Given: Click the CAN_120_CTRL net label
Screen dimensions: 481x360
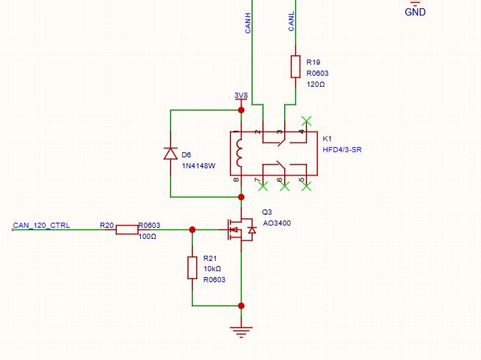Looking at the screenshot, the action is tap(41, 226).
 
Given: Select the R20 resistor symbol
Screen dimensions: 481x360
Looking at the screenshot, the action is tap(127, 229).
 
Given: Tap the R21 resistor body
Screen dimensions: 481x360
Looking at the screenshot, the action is tap(192, 268).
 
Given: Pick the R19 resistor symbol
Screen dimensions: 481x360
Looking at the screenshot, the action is tap(295, 66).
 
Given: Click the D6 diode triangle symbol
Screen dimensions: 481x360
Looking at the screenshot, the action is tap(170, 153).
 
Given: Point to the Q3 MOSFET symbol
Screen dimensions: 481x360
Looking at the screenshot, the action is tap(242, 229).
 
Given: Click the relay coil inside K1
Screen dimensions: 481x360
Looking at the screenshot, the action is tap(239, 153).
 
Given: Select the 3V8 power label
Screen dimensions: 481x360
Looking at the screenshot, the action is tap(241, 96).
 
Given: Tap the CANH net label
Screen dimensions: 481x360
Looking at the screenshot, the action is tap(248, 23).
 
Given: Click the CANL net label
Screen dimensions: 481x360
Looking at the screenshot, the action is tap(291, 21).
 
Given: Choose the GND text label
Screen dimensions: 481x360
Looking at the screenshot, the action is tap(415, 12).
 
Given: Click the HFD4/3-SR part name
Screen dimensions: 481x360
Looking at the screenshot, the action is tap(342, 150).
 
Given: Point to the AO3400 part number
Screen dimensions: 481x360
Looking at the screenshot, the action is tap(277, 223).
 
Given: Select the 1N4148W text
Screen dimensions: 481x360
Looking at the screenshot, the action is tap(198, 166).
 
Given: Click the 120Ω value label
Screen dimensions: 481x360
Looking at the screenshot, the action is tap(316, 84).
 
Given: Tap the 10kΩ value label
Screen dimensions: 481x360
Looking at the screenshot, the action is tap(212, 269).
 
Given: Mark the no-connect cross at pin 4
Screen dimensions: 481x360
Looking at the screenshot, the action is tap(306, 121).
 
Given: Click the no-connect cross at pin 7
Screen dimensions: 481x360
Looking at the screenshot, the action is tap(263, 186).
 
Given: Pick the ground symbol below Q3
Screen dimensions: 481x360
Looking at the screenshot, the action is tap(241, 332).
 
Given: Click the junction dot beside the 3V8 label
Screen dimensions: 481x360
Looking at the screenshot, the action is tap(242, 110).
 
